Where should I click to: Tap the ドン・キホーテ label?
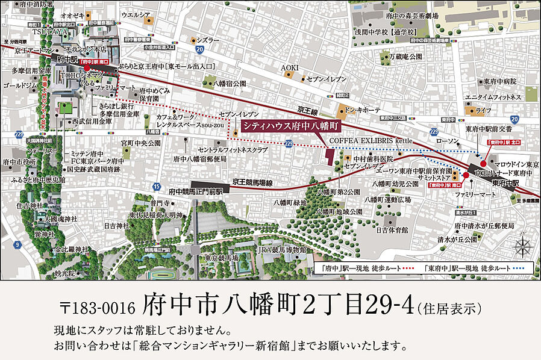click(363, 111)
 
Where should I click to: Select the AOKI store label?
click(290, 68)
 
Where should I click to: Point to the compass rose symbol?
click(522, 246)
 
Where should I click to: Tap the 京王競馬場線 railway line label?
click(253, 181)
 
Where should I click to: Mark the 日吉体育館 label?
click(392, 230)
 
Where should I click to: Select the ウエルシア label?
click(152, 14)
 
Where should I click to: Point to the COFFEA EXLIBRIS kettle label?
click(371, 140)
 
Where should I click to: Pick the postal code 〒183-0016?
click(98, 308)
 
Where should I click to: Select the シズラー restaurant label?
click(207, 40)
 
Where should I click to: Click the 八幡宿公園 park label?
click(226, 83)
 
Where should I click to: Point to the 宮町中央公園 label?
click(141, 143)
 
